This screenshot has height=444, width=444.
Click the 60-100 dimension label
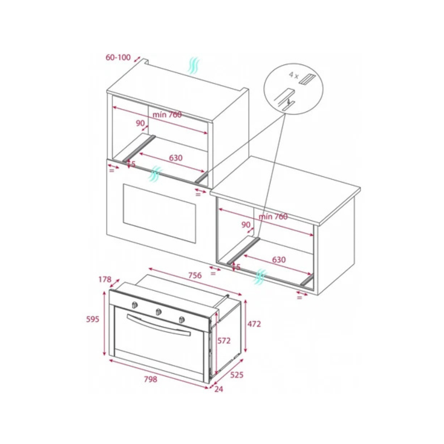click(118, 57)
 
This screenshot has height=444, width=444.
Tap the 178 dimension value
click(105, 280)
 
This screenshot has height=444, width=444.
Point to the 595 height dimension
click(92, 319)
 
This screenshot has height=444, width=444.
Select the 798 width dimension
click(150, 379)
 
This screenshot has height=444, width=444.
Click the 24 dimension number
click(219, 389)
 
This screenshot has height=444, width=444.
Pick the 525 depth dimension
click(237, 375)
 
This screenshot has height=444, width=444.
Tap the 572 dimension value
click(224, 340)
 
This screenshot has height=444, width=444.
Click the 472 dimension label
click(254, 324)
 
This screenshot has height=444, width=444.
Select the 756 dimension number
click(195, 275)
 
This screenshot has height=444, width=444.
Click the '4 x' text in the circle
click(294, 75)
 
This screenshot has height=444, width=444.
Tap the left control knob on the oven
click(135, 305)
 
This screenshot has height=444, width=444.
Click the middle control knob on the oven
click(159, 312)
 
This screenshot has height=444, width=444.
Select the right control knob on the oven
click(182, 320)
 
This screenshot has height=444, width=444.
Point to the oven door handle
click(159, 325)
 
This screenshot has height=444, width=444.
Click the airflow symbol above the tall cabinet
click(194, 65)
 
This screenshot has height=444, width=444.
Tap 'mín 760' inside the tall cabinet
click(167, 115)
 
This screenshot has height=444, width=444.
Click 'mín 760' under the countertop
click(273, 217)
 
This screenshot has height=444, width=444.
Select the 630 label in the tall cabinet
click(176, 158)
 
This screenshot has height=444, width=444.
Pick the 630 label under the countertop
click(279, 260)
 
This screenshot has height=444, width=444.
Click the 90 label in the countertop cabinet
click(246, 224)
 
